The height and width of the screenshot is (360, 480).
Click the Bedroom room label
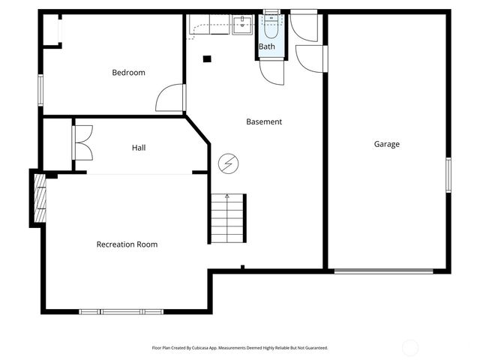[128, 73]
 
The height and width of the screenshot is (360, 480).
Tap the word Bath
[267, 46]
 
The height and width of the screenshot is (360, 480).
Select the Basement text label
[264, 121]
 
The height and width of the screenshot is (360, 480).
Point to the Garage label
[386, 144]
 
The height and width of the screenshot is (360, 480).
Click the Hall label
[139, 148]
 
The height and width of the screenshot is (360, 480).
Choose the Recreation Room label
[127, 244]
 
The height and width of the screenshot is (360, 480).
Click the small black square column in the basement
[208, 59]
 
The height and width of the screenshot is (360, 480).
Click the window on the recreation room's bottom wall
[121, 311]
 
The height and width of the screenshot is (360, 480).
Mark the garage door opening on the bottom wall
[383, 271]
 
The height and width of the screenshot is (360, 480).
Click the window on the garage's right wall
[448, 177]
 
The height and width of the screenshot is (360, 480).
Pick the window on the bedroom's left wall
[40, 91]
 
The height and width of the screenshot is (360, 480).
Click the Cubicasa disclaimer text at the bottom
[240, 348]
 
